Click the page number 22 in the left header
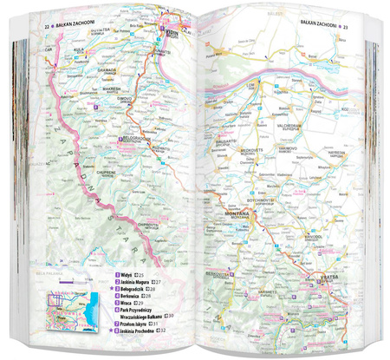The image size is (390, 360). (46, 29)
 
